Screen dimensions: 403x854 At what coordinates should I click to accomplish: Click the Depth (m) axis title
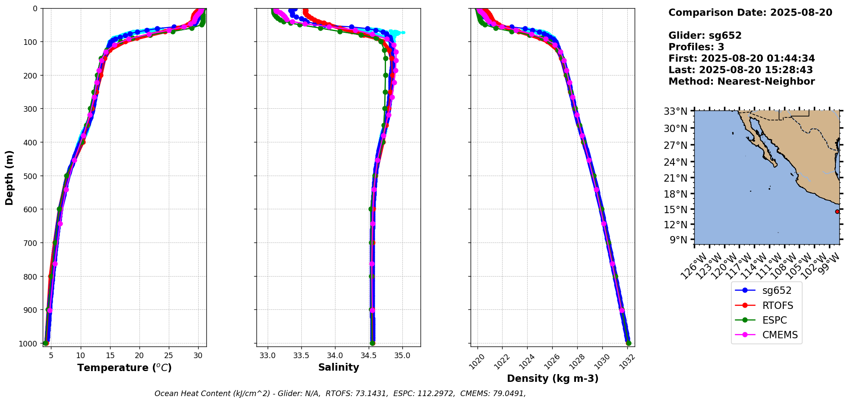(x=9, y=177)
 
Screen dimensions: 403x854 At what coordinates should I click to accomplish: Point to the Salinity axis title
(x=338, y=367)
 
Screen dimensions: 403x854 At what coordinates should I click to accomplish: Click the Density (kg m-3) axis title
(x=553, y=378)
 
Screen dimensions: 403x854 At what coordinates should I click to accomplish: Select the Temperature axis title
(x=124, y=368)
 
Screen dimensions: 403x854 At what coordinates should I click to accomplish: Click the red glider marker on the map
(x=837, y=211)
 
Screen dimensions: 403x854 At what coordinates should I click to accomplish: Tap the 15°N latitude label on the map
(x=676, y=210)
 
